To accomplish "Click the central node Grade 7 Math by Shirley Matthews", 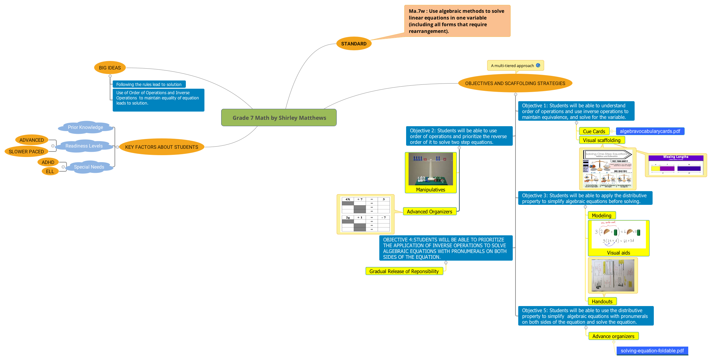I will click(x=279, y=118).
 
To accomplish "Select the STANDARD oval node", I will click(x=354, y=44).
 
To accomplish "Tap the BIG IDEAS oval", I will click(x=110, y=68).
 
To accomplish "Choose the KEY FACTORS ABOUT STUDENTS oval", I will click(x=161, y=147).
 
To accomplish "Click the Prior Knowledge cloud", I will click(x=85, y=127).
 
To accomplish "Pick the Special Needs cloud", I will click(x=89, y=167).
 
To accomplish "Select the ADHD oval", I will click(x=48, y=162).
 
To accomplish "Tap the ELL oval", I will click(x=50, y=171).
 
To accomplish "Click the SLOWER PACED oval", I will click(x=26, y=151).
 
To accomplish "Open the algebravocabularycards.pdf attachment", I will click(x=650, y=131).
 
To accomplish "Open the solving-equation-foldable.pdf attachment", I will click(x=652, y=351).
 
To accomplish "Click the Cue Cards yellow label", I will click(x=594, y=131).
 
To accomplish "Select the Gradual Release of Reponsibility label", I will click(x=404, y=271).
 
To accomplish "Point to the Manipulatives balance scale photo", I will click(x=430, y=169).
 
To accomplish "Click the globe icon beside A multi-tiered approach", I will click(x=538, y=65).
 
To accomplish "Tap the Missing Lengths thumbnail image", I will click(x=676, y=165).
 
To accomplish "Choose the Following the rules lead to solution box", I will click(x=149, y=84).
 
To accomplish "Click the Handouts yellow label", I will click(x=602, y=301).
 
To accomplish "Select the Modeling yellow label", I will click(x=601, y=216).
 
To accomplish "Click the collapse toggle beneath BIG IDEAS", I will click(x=110, y=76).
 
